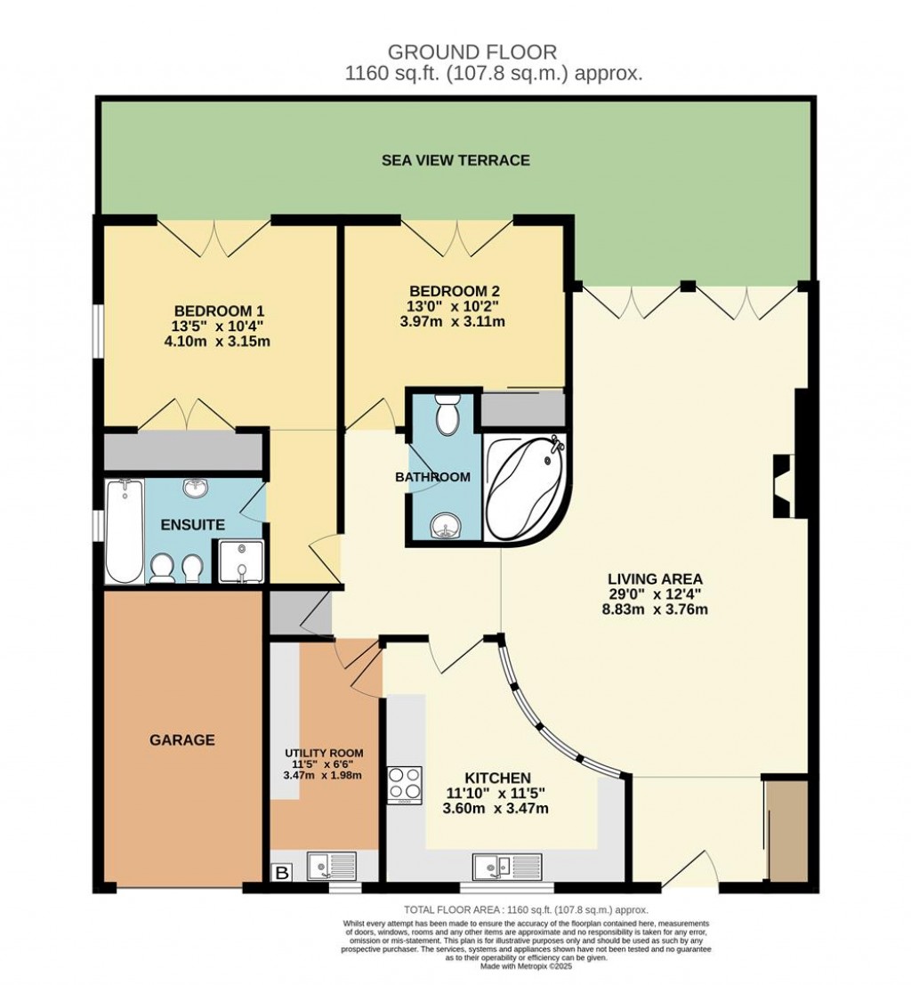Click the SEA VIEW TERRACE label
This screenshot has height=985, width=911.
[455, 160]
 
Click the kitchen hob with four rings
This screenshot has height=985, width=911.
[405, 785]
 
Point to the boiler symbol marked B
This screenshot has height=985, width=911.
[282, 874]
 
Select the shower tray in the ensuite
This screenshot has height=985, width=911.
[240, 561]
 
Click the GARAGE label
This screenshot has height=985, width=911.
[181, 739]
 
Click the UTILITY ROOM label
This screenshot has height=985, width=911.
[318, 753]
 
